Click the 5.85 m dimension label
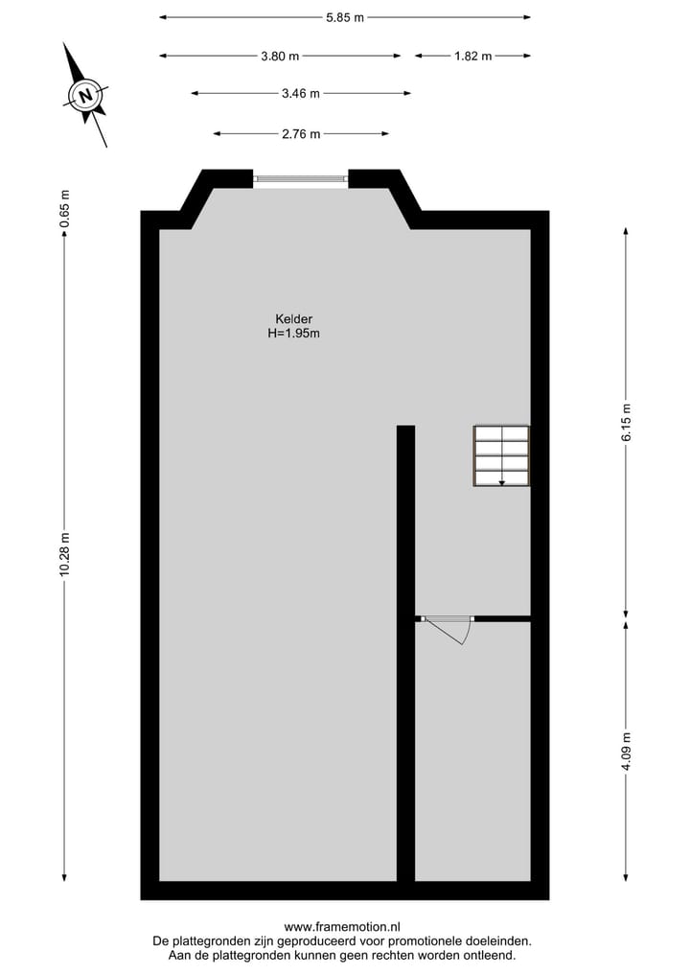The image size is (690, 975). click(x=345, y=17)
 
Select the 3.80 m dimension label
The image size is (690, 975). click(x=280, y=56)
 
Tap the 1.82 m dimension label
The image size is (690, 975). click(x=472, y=56)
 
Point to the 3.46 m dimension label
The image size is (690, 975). click(x=301, y=94)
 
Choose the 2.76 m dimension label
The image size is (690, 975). click(x=301, y=134)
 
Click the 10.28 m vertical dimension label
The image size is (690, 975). click(x=64, y=554)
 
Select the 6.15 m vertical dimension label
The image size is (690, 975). click(x=627, y=422)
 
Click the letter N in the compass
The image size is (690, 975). click(x=85, y=95)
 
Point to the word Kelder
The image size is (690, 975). click(x=294, y=319)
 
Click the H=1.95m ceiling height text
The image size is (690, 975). click(x=294, y=334)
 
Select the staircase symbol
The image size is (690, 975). click(x=501, y=455)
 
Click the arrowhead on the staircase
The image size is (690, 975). click(x=501, y=482)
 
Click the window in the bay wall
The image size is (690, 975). click(x=301, y=177)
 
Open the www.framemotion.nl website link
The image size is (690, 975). click(x=342, y=927)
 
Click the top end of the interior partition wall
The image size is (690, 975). click(x=405, y=429)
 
